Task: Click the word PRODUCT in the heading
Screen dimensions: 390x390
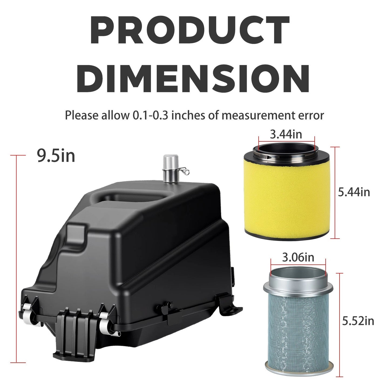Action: pyautogui.click(x=190, y=30)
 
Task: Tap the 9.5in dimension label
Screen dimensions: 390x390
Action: pyautogui.click(x=56, y=156)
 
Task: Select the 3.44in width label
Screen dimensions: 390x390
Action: pyautogui.click(x=286, y=134)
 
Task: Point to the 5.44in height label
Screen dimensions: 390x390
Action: pyautogui.click(x=354, y=192)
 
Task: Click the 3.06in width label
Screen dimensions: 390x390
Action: pyautogui.click(x=298, y=257)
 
